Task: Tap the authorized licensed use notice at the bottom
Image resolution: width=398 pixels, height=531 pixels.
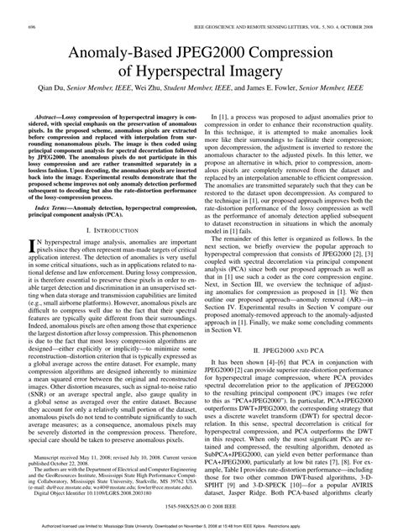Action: coord(199,523)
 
